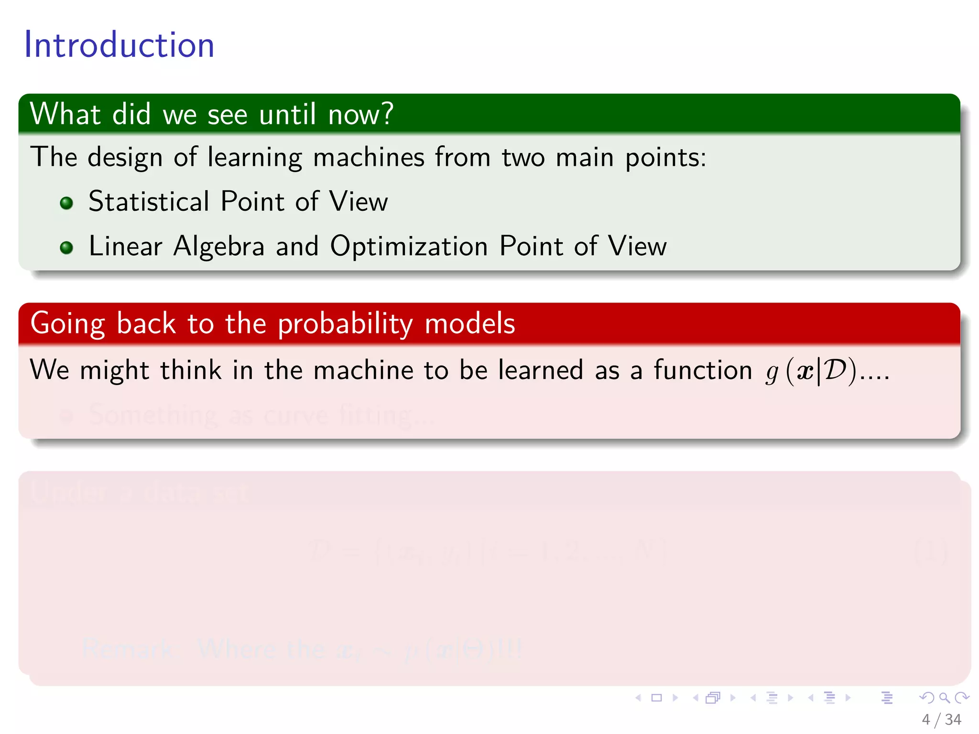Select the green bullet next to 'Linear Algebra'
click(x=66, y=248)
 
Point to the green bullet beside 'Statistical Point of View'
click(x=66, y=203)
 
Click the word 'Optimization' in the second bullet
click(x=409, y=247)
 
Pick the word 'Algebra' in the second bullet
click(x=219, y=247)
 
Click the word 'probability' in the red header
click(x=345, y=324)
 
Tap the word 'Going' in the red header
click(x=67, y=324)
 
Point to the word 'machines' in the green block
click(x=369, y=157)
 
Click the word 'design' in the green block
click(x=125, y=158)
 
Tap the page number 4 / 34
click(x=941, y=719)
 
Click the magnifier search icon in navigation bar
click(x=944, y=698)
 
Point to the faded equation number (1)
click(x=930, y=552)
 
